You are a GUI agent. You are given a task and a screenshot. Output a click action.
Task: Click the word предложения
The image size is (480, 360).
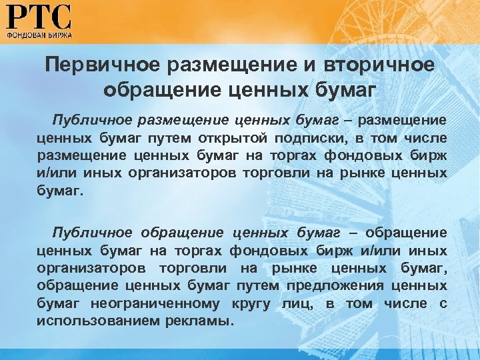click(333, 286)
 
